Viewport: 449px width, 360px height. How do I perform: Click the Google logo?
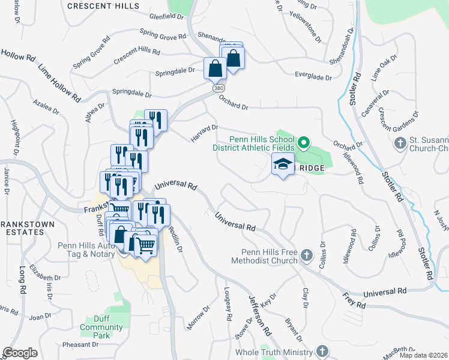pos(20,352)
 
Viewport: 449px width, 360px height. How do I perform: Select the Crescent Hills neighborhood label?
pos(103,6)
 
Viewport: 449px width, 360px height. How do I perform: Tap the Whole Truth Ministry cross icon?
pos(322,352)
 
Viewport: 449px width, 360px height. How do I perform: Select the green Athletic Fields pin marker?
pos(304,143)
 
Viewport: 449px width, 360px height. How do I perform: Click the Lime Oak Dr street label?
pos(385,67)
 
